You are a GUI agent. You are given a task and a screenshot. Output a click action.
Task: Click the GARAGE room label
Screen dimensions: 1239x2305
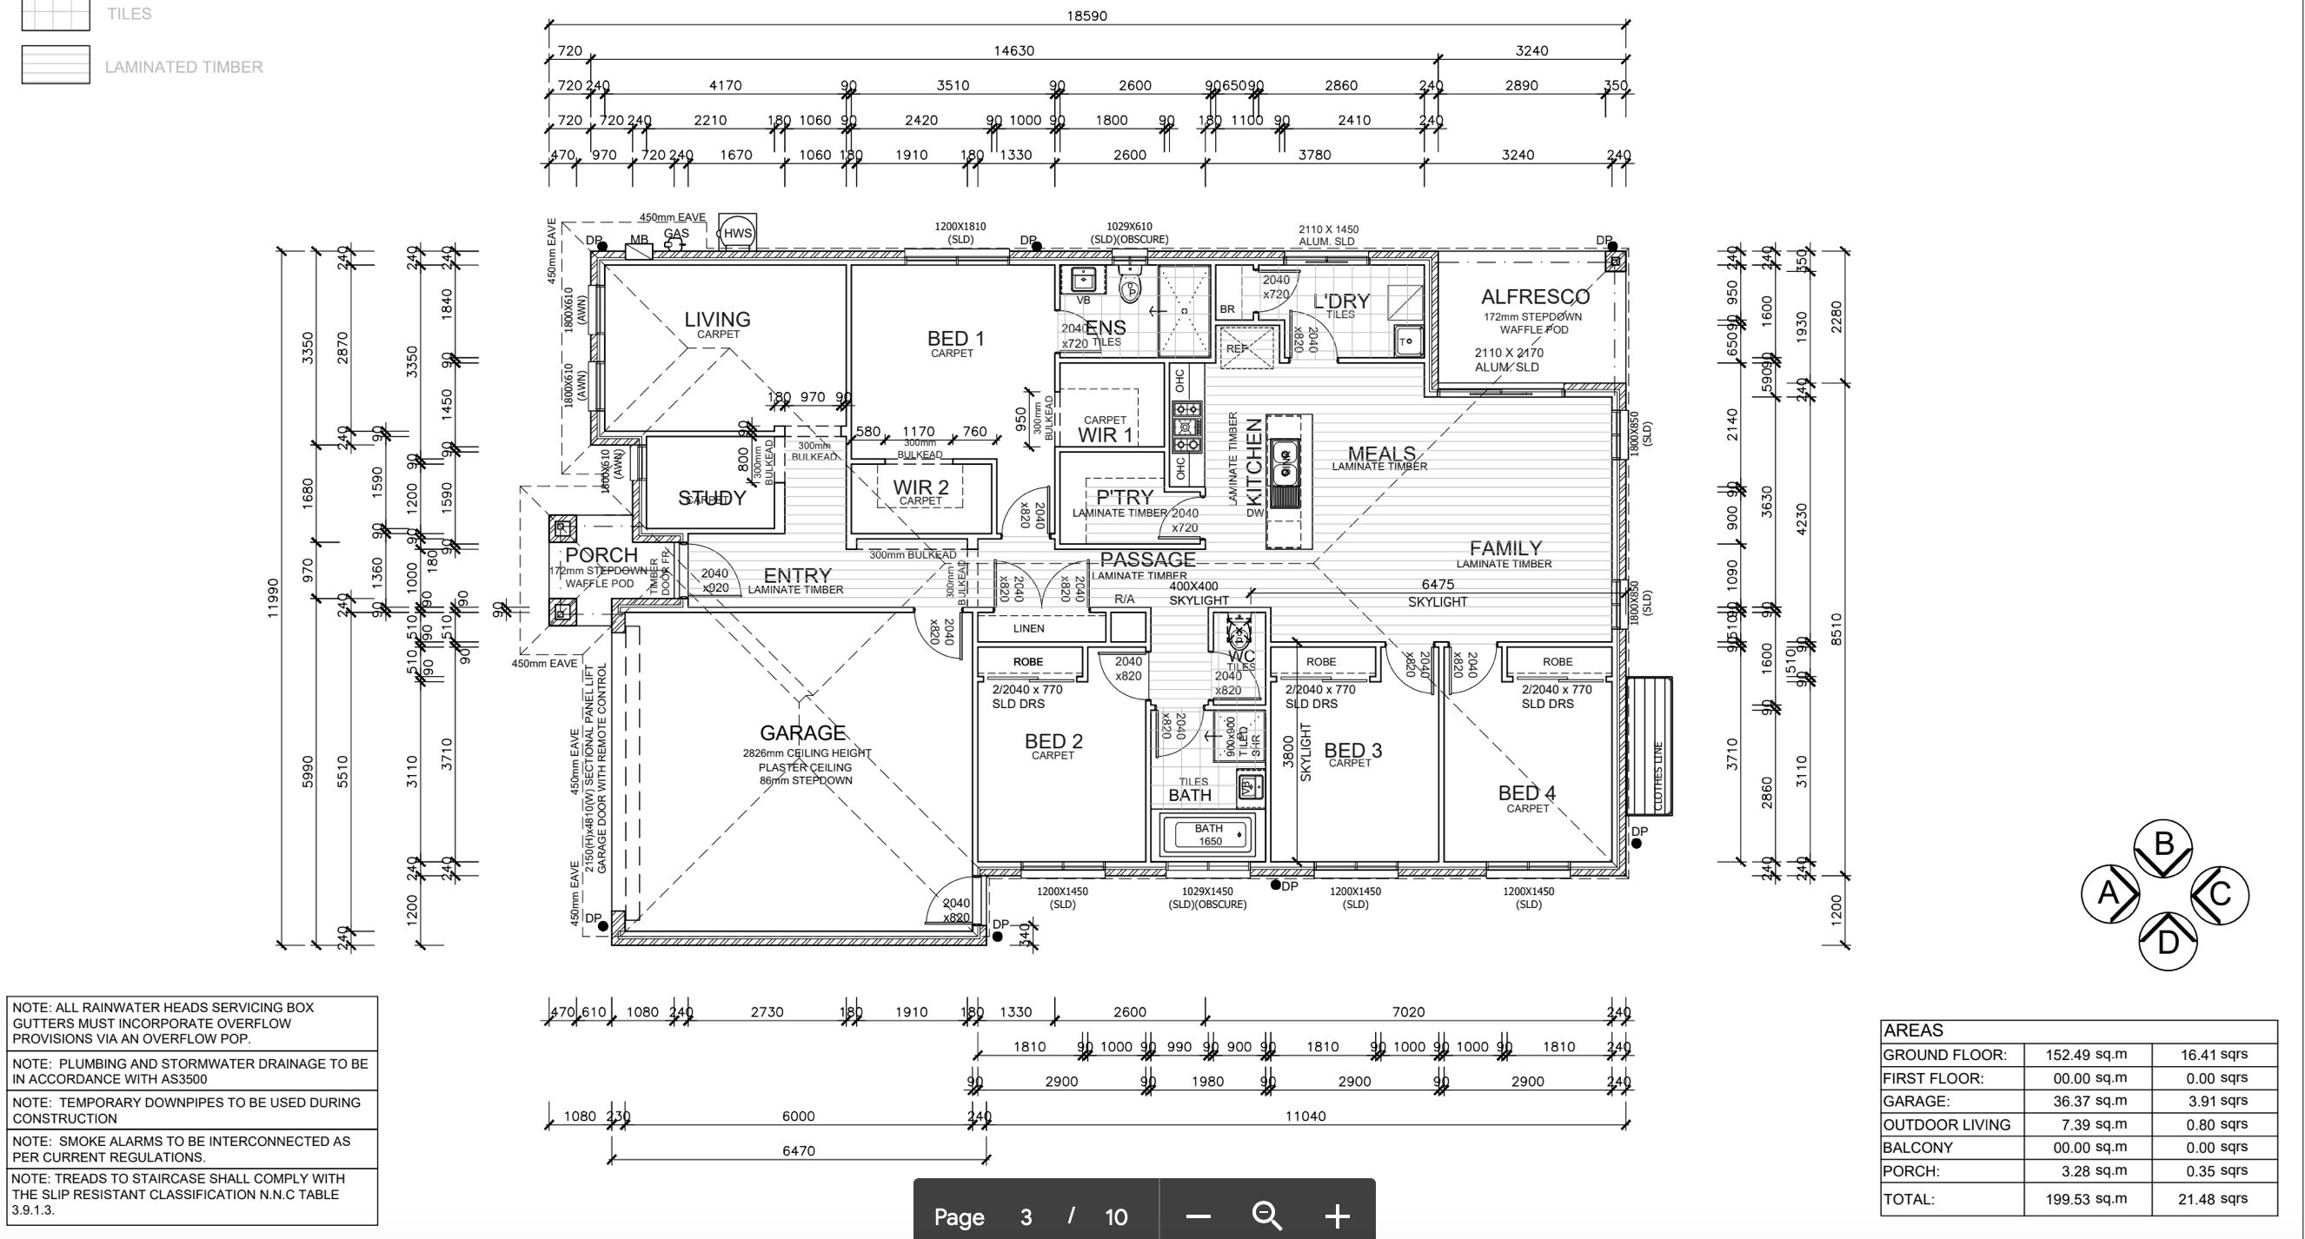coord(802,733)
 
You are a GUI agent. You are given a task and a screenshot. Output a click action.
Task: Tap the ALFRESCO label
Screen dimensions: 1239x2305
coord(1535,297)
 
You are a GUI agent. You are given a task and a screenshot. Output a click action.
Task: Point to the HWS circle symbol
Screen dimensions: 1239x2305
coord(737,234)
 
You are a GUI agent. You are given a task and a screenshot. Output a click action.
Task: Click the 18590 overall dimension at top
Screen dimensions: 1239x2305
coord(1086,16)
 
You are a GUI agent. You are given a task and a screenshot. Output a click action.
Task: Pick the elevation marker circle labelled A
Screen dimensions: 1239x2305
coord(2109,893)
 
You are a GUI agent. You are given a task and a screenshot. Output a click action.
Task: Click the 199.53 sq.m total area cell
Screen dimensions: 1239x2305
coord(2086,1199)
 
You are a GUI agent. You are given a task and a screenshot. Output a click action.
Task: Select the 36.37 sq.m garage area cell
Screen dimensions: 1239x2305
coord(2086,1101)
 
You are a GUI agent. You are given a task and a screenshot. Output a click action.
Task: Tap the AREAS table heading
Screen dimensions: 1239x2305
coord(1914,1030)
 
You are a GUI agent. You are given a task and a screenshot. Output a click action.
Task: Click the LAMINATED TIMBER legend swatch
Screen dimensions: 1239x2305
coord(56,65)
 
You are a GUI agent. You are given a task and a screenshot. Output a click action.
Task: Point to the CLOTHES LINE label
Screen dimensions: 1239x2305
coord(1658,776)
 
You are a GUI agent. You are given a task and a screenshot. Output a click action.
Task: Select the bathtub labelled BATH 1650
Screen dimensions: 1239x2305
coord(1209,835)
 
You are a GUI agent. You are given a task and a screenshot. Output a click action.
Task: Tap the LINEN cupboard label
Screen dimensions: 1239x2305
coord(1028,628)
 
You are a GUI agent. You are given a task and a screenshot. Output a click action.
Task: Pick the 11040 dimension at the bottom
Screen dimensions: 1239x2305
coord(1305,1116)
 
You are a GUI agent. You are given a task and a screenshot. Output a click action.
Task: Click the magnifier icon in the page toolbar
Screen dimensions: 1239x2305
coord(1267,1216)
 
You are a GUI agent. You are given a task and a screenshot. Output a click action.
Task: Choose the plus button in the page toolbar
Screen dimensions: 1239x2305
coord(1337,1216)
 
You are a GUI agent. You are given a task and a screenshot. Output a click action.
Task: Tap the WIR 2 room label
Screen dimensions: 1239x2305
coord(920,487)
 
